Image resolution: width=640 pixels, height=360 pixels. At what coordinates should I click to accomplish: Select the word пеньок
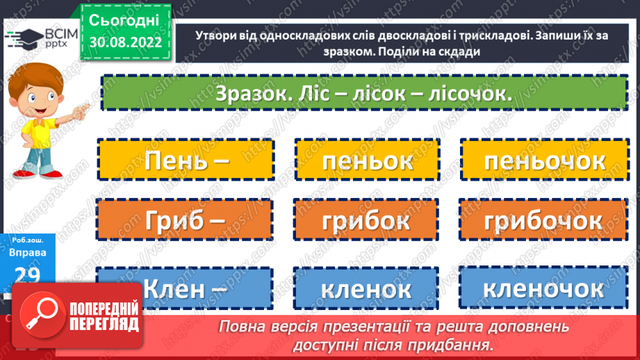[368, 161]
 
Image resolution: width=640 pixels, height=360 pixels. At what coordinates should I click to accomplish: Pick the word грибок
[366, 220]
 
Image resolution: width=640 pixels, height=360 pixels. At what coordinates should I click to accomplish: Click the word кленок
[366, 288]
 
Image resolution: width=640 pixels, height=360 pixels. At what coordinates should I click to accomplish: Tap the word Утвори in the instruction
[199, 36]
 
